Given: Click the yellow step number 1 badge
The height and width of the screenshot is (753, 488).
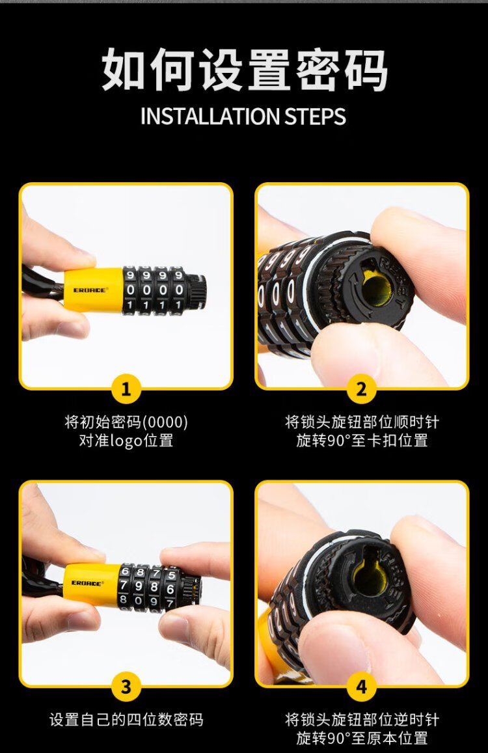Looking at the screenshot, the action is tap(126, 389).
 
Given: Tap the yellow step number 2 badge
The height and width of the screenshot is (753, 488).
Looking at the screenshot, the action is tap(361, 389).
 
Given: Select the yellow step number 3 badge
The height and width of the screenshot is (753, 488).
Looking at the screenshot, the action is tap(126, 686).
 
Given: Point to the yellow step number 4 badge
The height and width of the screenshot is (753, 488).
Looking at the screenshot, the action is tap(361, 686).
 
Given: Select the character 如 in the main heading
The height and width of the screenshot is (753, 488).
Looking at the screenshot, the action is tap(124, 70).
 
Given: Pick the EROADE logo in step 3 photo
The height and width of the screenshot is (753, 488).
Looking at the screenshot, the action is tap(88, 583).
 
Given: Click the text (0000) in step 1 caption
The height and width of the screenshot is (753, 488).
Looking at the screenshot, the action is tap(165, 422).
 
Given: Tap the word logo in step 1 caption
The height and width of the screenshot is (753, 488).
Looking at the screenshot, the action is tap(126, 441).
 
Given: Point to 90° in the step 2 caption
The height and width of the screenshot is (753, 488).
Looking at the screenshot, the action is tap(338, 440).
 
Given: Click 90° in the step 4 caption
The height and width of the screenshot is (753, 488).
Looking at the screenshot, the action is tap(338, 737).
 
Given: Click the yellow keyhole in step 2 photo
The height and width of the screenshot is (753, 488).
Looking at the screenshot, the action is tap(376, 289).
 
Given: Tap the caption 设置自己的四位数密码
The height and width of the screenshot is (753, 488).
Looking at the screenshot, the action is tap(126, 719).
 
